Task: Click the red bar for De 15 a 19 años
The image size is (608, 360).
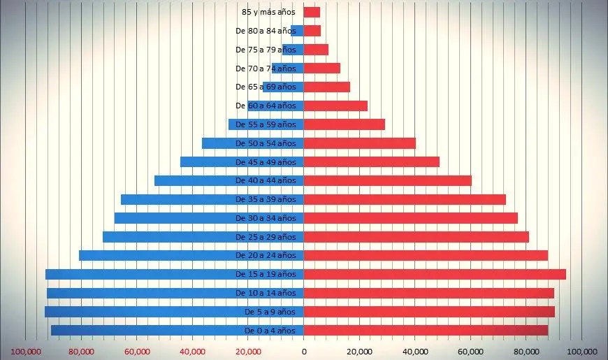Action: click(x=435, y=274)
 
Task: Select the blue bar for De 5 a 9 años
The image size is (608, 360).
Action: click(x=140, y=312)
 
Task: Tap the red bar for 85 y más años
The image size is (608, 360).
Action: click(x=312, y=12)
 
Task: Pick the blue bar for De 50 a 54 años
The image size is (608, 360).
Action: click(x=218, y=143)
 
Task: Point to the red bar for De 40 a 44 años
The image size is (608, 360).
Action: click(x=388, y=180)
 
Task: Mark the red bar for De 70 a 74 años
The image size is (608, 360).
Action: click(x=322, y=69)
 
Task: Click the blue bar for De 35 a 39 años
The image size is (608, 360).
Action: click(x=175, y=199)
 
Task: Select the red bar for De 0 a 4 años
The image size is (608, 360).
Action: click(x=426, y=330)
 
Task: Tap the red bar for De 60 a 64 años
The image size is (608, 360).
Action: click(x=335, y=106)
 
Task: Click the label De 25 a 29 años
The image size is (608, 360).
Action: click(x=266, y=237)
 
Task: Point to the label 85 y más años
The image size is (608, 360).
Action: click(x=268, y=12)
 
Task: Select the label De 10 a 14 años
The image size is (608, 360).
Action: click(x=266, y=293)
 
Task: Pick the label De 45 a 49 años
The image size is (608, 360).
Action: click(x=266, y=162)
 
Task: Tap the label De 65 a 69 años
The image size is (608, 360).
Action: click(x=266, y=87)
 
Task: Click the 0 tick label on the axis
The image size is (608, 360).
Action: click(x=304, y=351)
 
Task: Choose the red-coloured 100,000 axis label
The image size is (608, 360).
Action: click(x=28, y=351)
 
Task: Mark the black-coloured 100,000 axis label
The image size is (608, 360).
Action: click(x=581, y=351)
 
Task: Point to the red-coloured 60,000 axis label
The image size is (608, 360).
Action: click(x=137, y=351)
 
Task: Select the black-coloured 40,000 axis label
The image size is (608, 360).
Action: click(x=415, y=351)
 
